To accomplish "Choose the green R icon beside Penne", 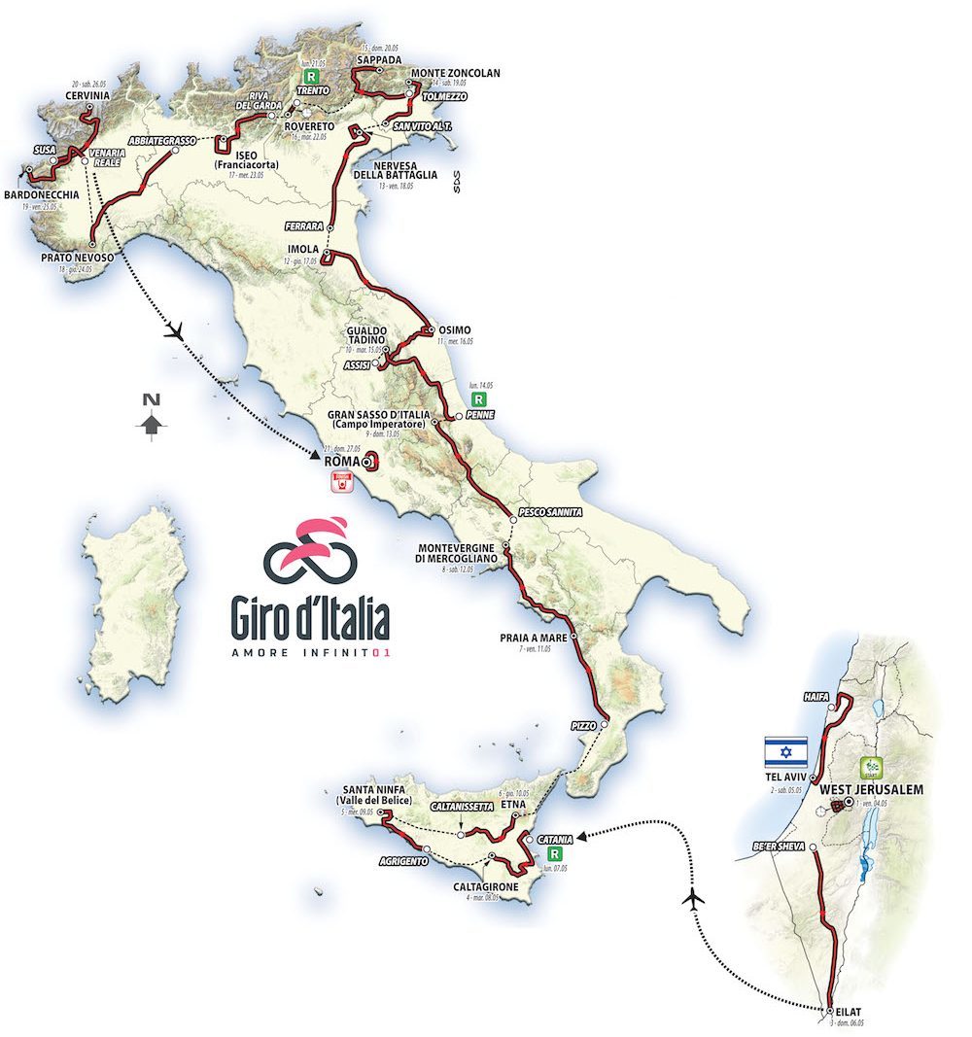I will (x=478, y=398).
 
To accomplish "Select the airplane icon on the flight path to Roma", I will (x=176, y=332).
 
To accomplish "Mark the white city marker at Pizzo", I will (x=605, y=724).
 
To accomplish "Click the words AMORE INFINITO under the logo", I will (x=309, y=652).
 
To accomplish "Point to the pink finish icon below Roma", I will (x=340, y=483).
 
